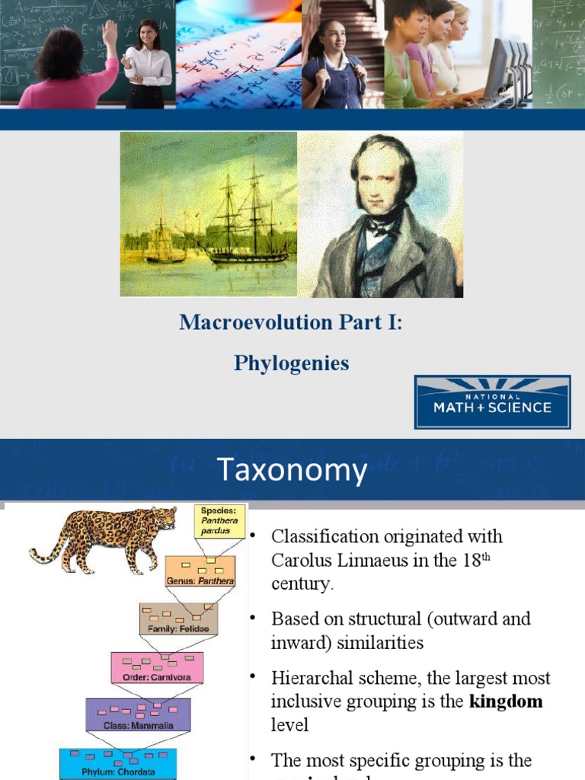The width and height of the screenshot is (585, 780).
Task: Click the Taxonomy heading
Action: (x=292, y=471)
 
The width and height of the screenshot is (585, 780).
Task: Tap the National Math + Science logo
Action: (x=492, y=401)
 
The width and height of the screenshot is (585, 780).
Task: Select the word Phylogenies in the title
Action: (x=292, y=363)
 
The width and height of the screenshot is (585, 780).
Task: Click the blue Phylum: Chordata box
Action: (x=118, y=764)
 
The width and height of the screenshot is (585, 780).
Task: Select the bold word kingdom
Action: (x=506, y=701)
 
